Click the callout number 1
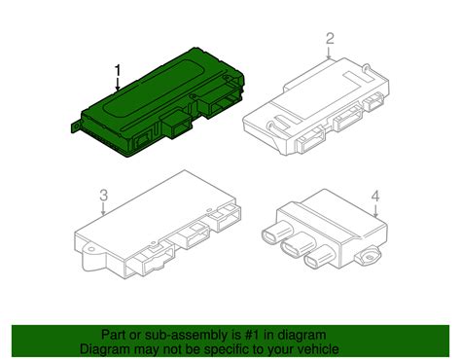pos(119,70)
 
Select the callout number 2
pos(330,38)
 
